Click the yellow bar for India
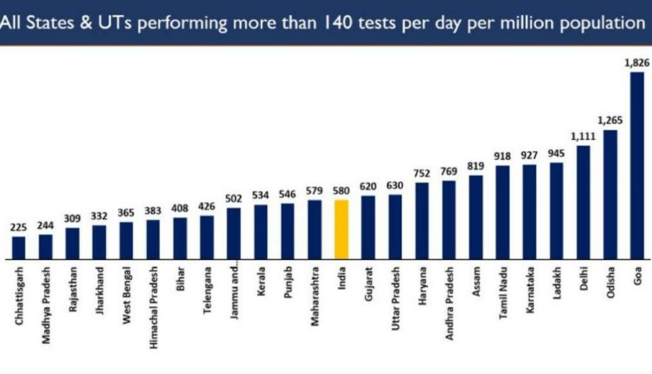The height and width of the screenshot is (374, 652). click(342, 229)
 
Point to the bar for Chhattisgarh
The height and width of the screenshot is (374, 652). click(19, 247)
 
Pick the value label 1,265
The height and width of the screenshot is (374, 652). click(611, 121)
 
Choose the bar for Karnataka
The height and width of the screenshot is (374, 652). click(529, 211)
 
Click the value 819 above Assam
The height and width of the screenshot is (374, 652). click(476, 166)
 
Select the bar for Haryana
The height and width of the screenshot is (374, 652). click(422, 221)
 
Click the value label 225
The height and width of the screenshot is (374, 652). click(19, 228)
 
